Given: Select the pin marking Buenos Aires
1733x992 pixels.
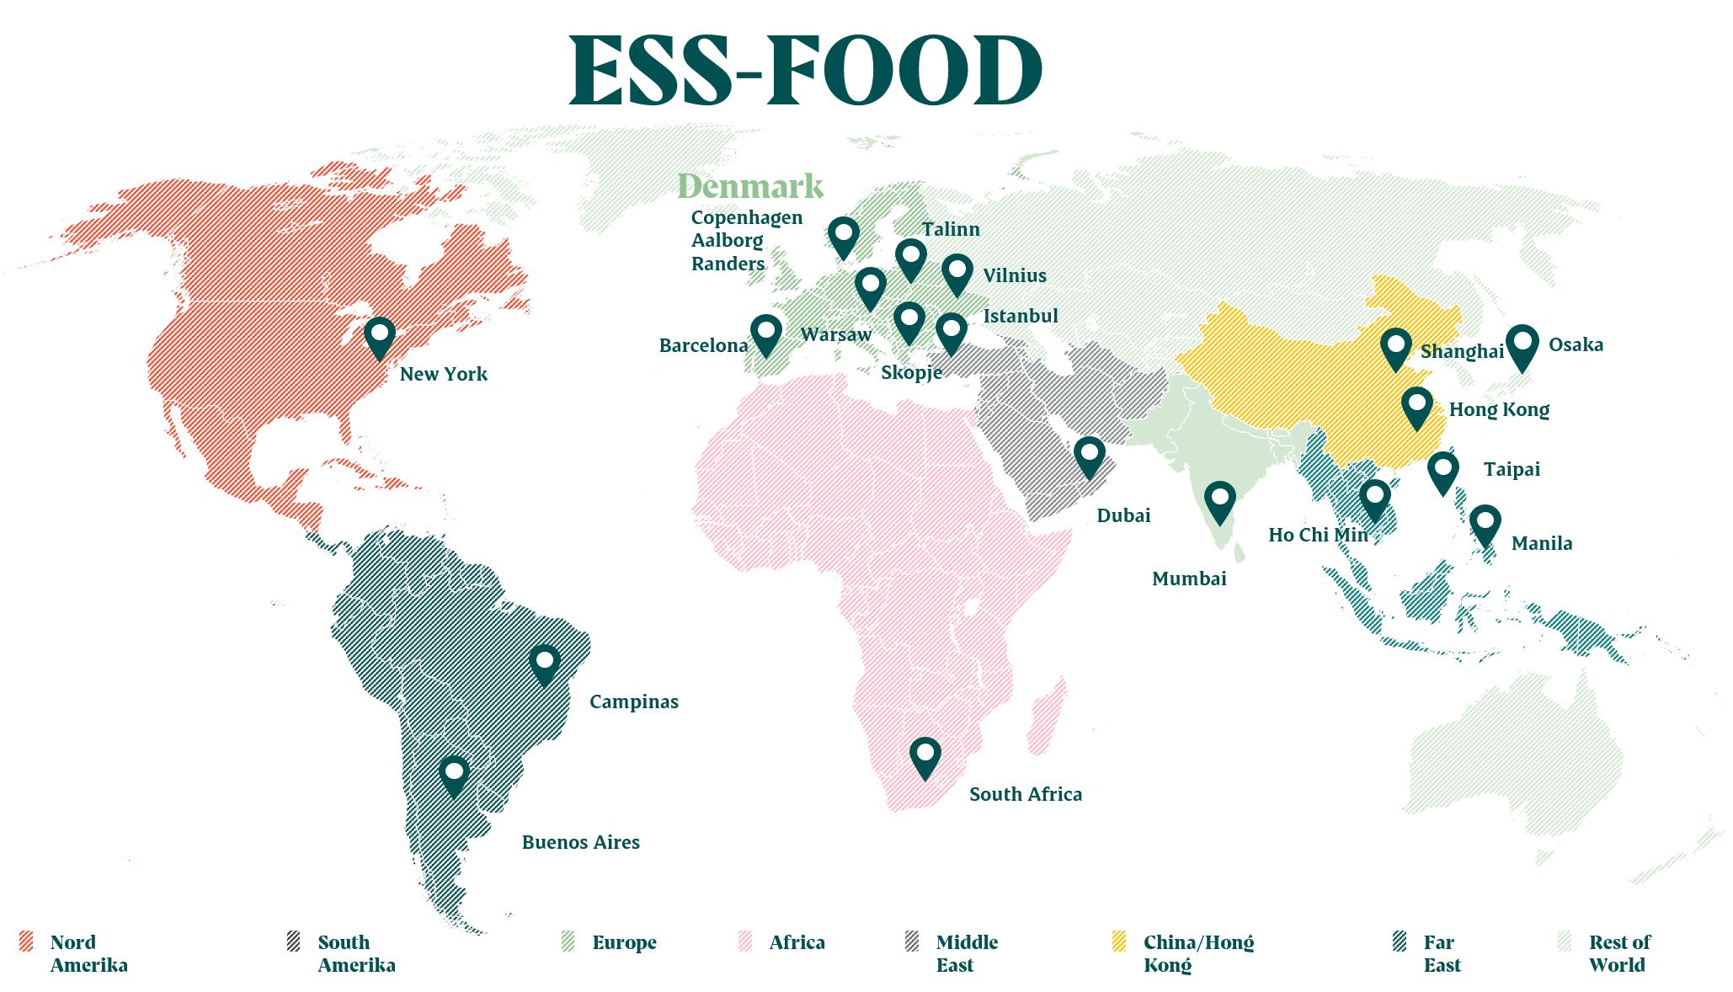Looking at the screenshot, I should [x=454, y=773].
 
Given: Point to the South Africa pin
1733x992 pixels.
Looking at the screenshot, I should [x=925, y=755].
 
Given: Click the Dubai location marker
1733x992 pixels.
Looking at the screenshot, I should [x=1089, y=455].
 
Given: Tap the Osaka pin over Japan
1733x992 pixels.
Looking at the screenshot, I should [x=1522, y=344].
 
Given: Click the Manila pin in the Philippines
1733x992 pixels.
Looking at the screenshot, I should [x=1485, y=523].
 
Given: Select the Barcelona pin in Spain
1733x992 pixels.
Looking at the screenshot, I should [x=765, y=333].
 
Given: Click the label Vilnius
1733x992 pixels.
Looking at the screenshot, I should [x=1015, y=275].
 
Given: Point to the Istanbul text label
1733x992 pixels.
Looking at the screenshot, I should [x=1021, y=316].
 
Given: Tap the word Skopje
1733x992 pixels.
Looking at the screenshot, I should [x=911, y=371].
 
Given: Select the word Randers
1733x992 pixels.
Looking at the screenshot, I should [x=728, y=264].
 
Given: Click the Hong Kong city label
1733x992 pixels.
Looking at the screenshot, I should [x=1499, y=409].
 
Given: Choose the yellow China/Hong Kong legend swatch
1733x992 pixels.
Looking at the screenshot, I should [x=1119, y=941].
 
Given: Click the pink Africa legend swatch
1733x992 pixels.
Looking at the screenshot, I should [x=745, y=941].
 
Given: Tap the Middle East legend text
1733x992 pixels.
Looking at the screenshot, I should [x=966, y=953].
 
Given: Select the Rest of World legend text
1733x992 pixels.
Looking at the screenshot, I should [x=1618, y=953].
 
